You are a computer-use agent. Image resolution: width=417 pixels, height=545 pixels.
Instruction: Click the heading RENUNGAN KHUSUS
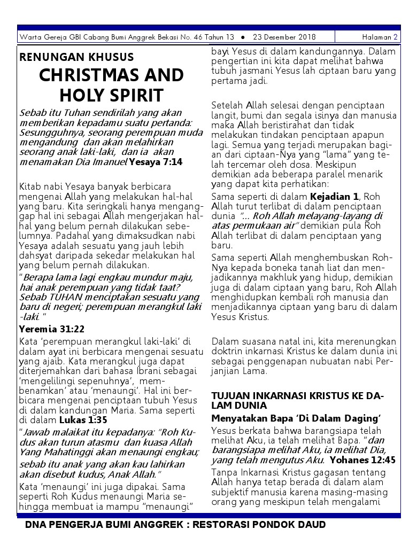tap(76, 57)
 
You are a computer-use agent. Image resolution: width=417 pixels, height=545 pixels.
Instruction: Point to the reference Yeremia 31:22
tap(51, 329)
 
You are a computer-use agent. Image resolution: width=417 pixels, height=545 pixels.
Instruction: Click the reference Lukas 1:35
tap(91, 419)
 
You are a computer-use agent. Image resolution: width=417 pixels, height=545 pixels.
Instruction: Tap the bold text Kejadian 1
tap(335, 197)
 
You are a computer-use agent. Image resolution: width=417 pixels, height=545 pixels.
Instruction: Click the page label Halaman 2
tap(379, 37)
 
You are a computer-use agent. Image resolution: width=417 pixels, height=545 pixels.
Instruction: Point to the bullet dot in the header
tap(243, 37)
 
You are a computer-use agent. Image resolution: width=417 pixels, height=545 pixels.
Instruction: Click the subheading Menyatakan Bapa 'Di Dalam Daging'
tap(295, 418)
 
